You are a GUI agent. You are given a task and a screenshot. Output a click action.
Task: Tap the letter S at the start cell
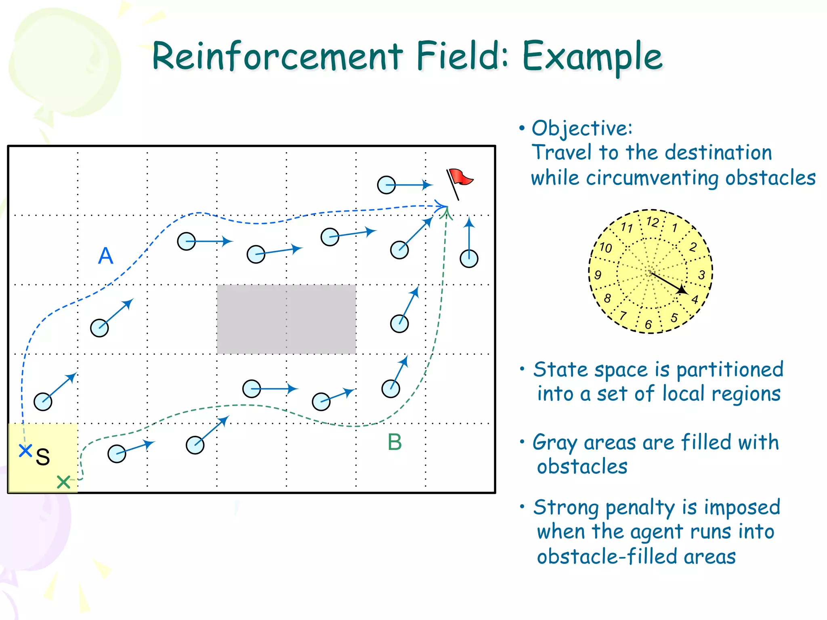43,457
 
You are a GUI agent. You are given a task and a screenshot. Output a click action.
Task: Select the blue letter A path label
106,256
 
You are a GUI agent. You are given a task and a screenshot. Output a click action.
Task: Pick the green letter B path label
395,442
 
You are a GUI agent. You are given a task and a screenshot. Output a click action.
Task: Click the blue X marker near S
25,450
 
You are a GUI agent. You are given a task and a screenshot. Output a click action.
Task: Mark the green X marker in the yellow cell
63,482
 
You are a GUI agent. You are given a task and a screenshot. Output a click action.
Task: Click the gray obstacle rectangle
286,319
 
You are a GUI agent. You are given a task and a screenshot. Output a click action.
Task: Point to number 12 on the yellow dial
653,222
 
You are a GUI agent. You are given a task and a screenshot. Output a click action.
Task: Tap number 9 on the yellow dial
598,275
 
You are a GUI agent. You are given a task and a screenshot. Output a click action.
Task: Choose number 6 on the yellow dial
649,324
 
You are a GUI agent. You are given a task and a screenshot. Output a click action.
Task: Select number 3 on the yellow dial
702,275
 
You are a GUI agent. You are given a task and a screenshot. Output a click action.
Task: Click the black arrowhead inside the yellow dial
682,290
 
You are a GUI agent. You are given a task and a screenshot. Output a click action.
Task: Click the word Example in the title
592,57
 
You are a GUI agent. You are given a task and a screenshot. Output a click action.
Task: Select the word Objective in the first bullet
581,129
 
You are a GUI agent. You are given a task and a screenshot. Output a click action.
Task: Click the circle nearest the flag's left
386,185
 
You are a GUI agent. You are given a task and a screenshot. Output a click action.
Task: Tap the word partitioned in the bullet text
730,370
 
